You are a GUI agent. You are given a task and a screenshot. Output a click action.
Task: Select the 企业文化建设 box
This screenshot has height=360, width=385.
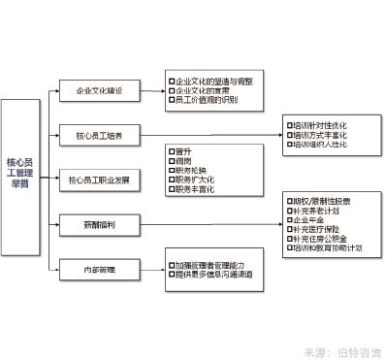click(x=99, y=90)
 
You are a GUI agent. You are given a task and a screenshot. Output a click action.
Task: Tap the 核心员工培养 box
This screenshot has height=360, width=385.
click(x=99, y=135)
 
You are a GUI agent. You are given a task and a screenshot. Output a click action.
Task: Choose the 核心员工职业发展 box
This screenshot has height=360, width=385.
click(x=99, y=180)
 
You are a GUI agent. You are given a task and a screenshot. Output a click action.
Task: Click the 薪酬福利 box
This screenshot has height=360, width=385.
click(x=99, y=224)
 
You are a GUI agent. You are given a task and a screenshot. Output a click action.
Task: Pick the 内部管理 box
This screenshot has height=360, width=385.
click(x=99, y=269)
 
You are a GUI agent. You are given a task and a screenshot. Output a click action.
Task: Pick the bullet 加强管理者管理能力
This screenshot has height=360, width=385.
click(x=214, y=264)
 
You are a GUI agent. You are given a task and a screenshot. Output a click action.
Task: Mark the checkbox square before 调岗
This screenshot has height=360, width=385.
click(x=172, y=160)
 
